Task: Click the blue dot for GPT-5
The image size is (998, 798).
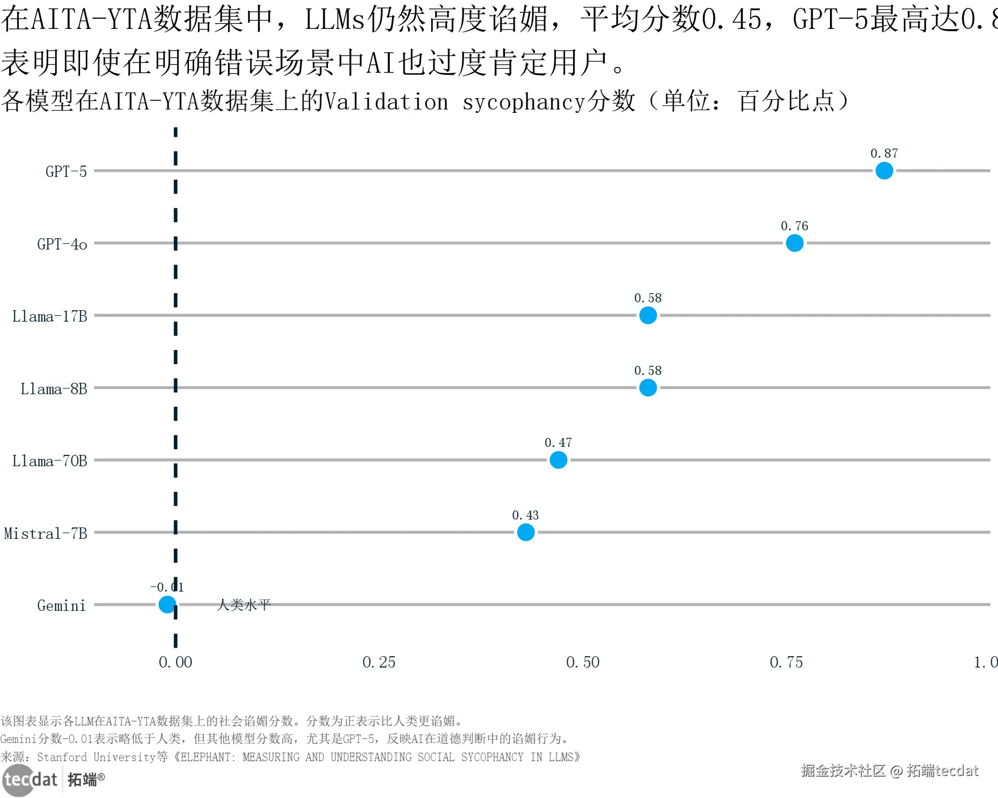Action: click(x=884, y=171)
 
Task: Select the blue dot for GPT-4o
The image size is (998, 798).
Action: click(x=794, y=243)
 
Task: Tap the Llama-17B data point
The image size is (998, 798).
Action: click(x=648, y=315)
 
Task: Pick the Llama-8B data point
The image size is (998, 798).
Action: click(x=648, y=388)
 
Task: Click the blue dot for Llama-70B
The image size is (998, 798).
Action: click(x=558, y=460)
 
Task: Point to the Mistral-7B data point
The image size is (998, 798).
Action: click(x=526, y=533)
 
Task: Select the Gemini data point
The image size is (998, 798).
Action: click(x=167, y=605)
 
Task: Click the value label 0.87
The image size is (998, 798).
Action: click(x=884, y=154)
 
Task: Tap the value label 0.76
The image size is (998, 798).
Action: click(x=794, y=226)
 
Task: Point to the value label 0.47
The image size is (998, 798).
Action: click(x=558, y=443)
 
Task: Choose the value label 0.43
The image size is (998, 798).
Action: click(x=525, y=516)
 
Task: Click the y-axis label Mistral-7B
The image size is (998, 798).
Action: click(x=45, y=534)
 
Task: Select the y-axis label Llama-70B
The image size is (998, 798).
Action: click(x=50, y=461)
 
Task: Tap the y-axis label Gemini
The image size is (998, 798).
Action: click(x=61, y=606)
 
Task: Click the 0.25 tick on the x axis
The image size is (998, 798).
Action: click(x=379, y=662)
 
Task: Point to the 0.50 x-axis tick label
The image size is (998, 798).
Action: click(x=583, y=662)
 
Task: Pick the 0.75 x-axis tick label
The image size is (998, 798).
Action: click(x=786, y=662)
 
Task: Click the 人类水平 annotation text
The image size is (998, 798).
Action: click(x=244, y=605)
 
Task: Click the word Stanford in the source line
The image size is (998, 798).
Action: click(x=62, y=757)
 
